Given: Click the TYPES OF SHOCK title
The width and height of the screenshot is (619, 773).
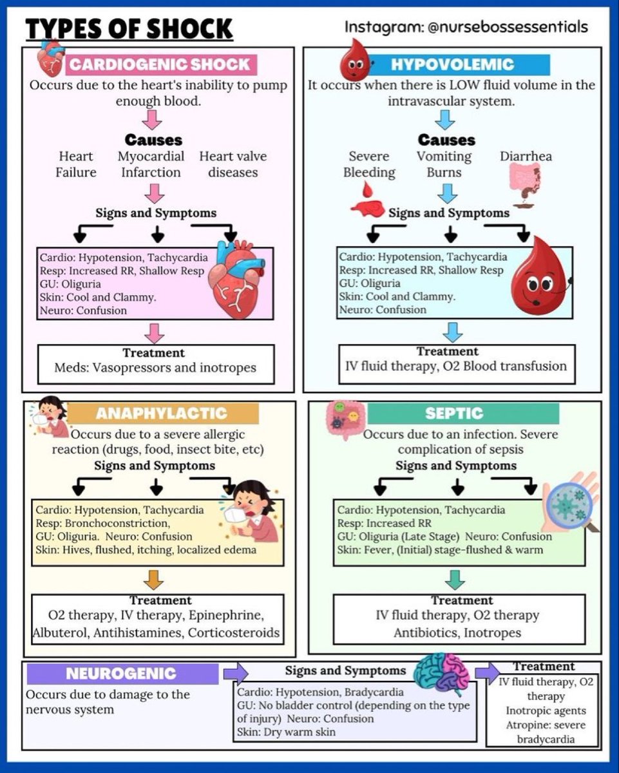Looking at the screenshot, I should point(129,29).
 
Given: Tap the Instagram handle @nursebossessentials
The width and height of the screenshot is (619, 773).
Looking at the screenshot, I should point(466,27).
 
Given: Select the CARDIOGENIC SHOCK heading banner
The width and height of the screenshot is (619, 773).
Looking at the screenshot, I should point(158,64).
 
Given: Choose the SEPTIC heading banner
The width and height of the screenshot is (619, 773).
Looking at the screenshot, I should point(453,413).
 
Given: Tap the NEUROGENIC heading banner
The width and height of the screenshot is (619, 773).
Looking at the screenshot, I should point(121,674).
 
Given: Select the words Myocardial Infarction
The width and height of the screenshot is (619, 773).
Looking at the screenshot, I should point(151,164).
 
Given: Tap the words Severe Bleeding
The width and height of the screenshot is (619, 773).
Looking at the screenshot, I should point(369,164).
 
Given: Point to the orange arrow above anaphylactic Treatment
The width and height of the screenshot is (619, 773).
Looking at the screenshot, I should point(155,579).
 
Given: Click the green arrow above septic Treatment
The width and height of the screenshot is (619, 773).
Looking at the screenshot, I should point(455,579).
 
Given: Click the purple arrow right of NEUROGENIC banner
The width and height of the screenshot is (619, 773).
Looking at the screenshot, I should point(236,673).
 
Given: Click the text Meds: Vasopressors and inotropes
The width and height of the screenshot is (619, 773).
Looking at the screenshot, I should point(155,368).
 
